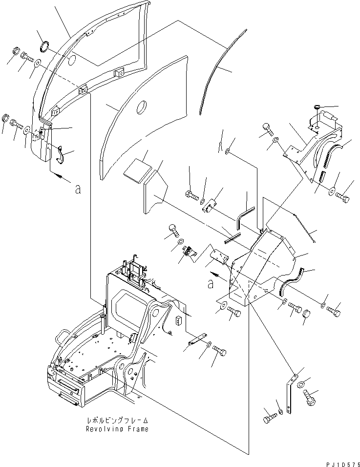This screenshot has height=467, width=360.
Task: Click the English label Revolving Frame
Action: (x=117, y=429)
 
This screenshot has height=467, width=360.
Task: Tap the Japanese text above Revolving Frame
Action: (x=117, y=421)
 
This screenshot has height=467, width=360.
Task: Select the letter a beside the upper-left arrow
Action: (x=77, y=189)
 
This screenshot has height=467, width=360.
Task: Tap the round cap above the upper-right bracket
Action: (x=316, y=107)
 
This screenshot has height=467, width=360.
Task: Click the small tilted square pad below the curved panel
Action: (x=136, y=170)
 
